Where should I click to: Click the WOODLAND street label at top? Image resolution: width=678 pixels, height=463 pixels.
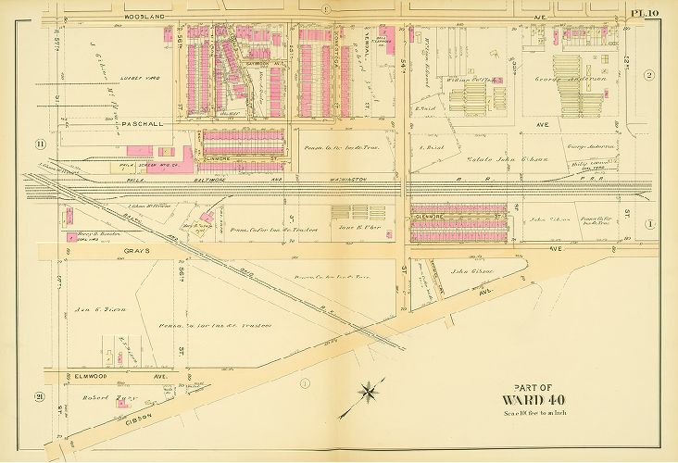[x=144, y=16]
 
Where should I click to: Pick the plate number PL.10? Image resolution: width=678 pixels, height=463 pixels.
[x=645, y=12]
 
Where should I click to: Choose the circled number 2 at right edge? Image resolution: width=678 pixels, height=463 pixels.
[x=650, y=75]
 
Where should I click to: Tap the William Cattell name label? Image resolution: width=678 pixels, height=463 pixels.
[x=466, y=79]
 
